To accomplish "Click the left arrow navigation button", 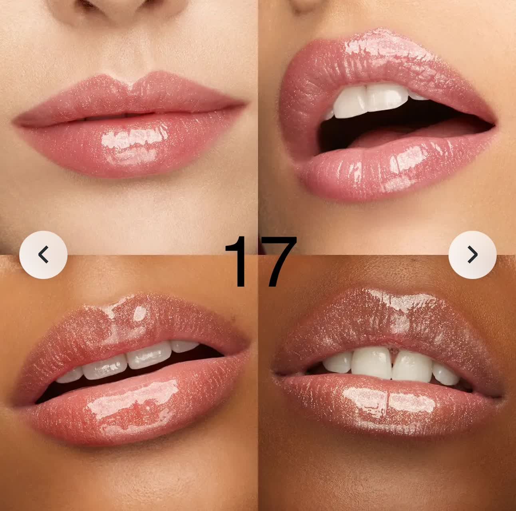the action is coord(44,255).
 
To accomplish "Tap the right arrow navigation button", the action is coord(472,255).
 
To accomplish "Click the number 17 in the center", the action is coord(260,261).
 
